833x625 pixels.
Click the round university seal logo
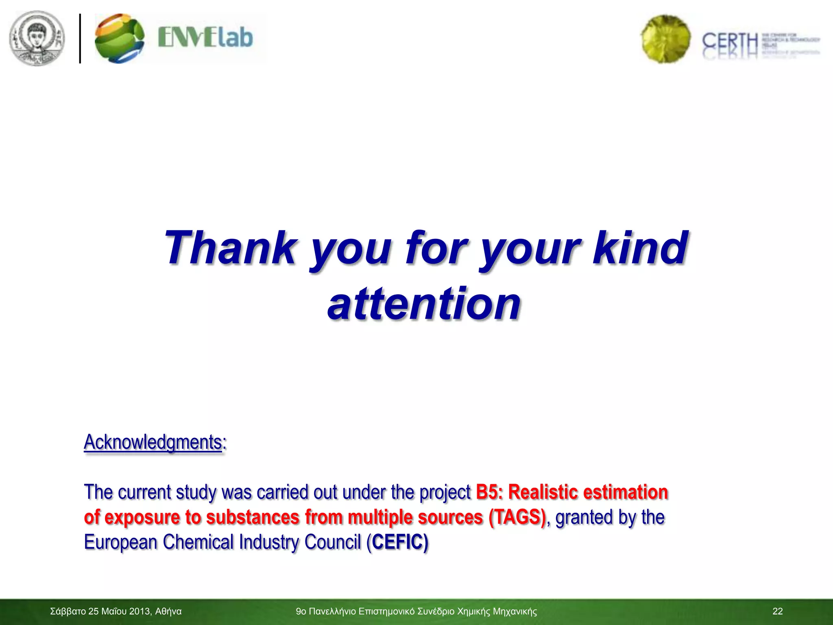[x=37, y=38]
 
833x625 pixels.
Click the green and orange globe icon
[x=119, y=38]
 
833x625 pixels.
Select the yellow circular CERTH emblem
[x=665, y=39]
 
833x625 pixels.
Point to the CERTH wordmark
[x=730, y=42]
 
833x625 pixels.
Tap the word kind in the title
[x=640, y=247]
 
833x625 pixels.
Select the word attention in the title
[x=424, y=303]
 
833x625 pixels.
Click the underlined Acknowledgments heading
[x=153, y=442]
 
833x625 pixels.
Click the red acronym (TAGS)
[x=517, y=517]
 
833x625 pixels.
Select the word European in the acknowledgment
[x=120, y=542]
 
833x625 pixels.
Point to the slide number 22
[x=777, y=611]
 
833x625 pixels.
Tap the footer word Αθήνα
[x=168, y=611]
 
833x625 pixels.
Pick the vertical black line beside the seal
[x=80, y=38]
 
